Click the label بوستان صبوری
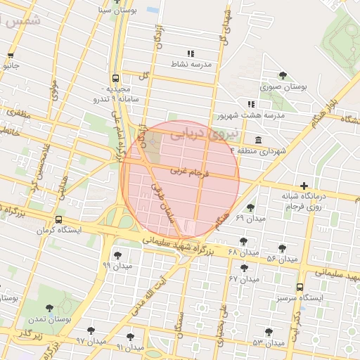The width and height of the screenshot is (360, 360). (284, 86)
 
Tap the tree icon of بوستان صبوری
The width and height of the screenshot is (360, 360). (283, 75)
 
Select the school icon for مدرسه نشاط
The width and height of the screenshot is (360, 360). (189, 53)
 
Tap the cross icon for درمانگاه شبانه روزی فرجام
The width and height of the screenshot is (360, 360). (304, 185)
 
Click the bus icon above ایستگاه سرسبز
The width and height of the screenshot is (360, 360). (300, 287)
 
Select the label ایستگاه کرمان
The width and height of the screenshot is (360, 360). (58, 230)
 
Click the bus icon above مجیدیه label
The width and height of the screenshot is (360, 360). (115, 79)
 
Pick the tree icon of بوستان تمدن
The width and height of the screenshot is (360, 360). (49, 308)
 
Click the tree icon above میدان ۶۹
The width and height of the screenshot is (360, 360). (251, 207)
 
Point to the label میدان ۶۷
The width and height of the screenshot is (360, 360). (244, 279)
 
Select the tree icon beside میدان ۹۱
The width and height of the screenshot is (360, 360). (130, 337)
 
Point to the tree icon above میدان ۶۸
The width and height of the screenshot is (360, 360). (243, 241)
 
